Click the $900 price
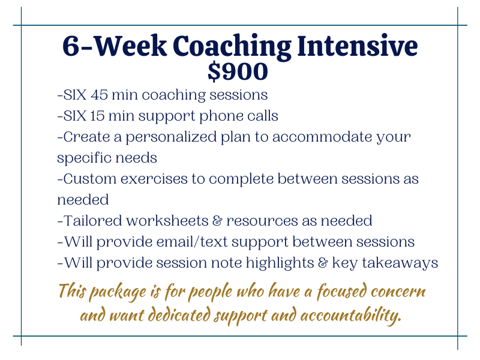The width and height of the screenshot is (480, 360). [238, 71]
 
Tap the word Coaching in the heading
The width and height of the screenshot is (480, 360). [232, 47]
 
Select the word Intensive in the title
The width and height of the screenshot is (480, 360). [358, 46]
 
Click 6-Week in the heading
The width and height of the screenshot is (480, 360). [115, 46]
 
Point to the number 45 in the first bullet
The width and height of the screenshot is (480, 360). [99, 95]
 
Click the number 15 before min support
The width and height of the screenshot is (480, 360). [97, 116]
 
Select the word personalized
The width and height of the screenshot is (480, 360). [172, 138]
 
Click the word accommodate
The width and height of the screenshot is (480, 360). [322, 137]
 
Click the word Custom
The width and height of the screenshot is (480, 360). [90, 179]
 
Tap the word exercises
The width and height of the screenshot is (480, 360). [154, 179]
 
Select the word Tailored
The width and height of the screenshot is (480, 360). [93, 221]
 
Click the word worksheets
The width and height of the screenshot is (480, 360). [167, 221]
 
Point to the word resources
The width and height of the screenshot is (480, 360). [262, 221]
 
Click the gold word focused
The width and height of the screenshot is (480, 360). [341, 292]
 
